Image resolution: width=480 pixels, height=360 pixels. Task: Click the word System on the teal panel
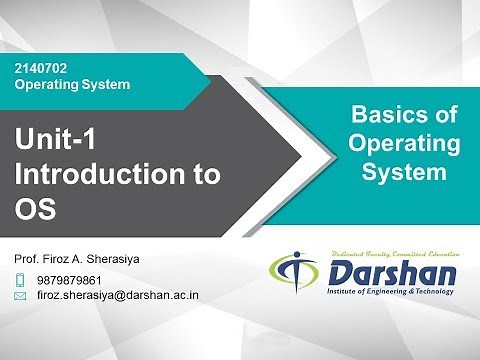pyautogui.click(x=403, y=172)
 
